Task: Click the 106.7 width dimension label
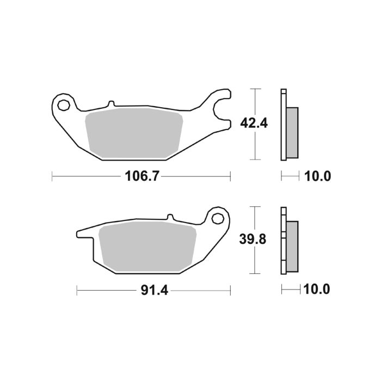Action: pos(137,176)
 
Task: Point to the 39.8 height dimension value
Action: pos(253,240)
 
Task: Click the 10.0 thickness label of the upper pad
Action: pos(318,176)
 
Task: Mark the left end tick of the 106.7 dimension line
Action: pos(52,176)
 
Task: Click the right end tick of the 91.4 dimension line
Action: pos(231,290)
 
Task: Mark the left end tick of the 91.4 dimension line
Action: pos(77,290)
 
